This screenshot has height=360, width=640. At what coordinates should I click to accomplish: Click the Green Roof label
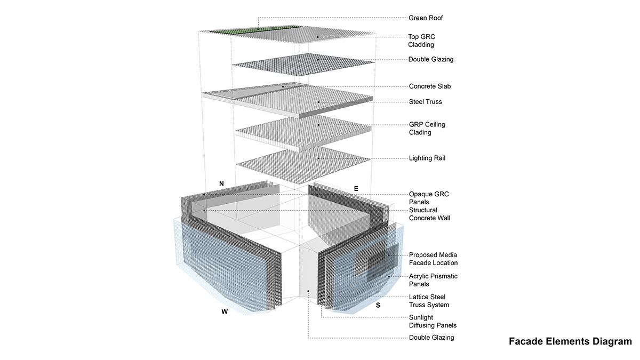[x=426, y=18]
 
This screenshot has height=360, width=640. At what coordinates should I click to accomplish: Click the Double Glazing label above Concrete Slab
[x=430, y=59]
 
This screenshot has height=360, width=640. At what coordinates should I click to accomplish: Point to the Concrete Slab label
[x=430, y=86]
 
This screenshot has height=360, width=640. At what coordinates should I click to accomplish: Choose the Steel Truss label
[x=425, y=102]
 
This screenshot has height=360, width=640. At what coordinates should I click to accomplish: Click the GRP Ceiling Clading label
[x=427, y=129]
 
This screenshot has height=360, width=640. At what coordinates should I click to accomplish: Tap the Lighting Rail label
[x=427, y=158]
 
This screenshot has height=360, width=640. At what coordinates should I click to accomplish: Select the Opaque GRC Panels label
[x=429, y=198]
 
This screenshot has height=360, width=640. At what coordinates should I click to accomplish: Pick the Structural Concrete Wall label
[x=429, y=214]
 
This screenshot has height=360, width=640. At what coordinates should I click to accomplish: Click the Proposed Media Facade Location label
[x=433, y=259]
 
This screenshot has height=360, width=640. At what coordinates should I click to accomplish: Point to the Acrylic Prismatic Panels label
[x=433, y=280]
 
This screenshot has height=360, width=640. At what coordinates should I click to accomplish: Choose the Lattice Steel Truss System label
[x=429, y=301]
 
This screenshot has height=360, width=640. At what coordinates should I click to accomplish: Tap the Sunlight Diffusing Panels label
[x=433, y=321]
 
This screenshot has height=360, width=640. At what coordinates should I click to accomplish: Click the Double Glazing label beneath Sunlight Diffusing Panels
[x=431, y=338]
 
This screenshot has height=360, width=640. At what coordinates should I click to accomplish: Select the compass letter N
[x=221, y=183]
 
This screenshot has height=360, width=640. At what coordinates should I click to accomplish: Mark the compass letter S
[x=378, y=306]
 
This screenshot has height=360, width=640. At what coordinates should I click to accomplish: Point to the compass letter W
[x=225, y=311]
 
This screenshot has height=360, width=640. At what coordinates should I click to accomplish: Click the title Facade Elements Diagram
[x=570, y=342]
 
